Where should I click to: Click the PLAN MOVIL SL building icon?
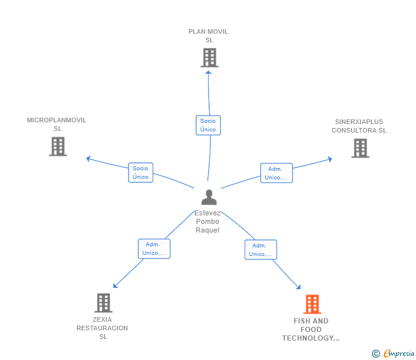point(209,57)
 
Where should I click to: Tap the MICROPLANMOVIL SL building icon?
point(58,146)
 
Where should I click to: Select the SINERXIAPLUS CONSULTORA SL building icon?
point(360,148)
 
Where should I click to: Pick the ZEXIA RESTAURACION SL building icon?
point(103,302)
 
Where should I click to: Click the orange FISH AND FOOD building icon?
point(311,304)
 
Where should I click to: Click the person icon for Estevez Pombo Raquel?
point(209,197)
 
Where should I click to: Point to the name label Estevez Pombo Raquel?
point(207,222)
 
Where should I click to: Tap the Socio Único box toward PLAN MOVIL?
point(208,125)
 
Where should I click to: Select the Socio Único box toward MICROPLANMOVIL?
point(141,173)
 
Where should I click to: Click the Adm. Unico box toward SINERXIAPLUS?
point(277,173)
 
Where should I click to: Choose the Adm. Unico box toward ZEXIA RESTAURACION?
point(154,249)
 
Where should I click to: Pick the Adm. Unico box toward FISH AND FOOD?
point(261,250)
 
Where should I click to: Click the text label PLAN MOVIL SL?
point(209,36)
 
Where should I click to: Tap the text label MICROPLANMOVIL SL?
point(57,124)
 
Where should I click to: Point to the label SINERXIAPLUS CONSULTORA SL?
point(359,126)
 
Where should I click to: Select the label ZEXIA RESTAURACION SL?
point(102,328)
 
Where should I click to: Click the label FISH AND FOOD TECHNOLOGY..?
point(311,330)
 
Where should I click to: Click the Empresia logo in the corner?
point(399,354)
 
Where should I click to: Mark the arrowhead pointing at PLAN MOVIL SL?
point(209,71)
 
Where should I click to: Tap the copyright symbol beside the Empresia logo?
point(376,354)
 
